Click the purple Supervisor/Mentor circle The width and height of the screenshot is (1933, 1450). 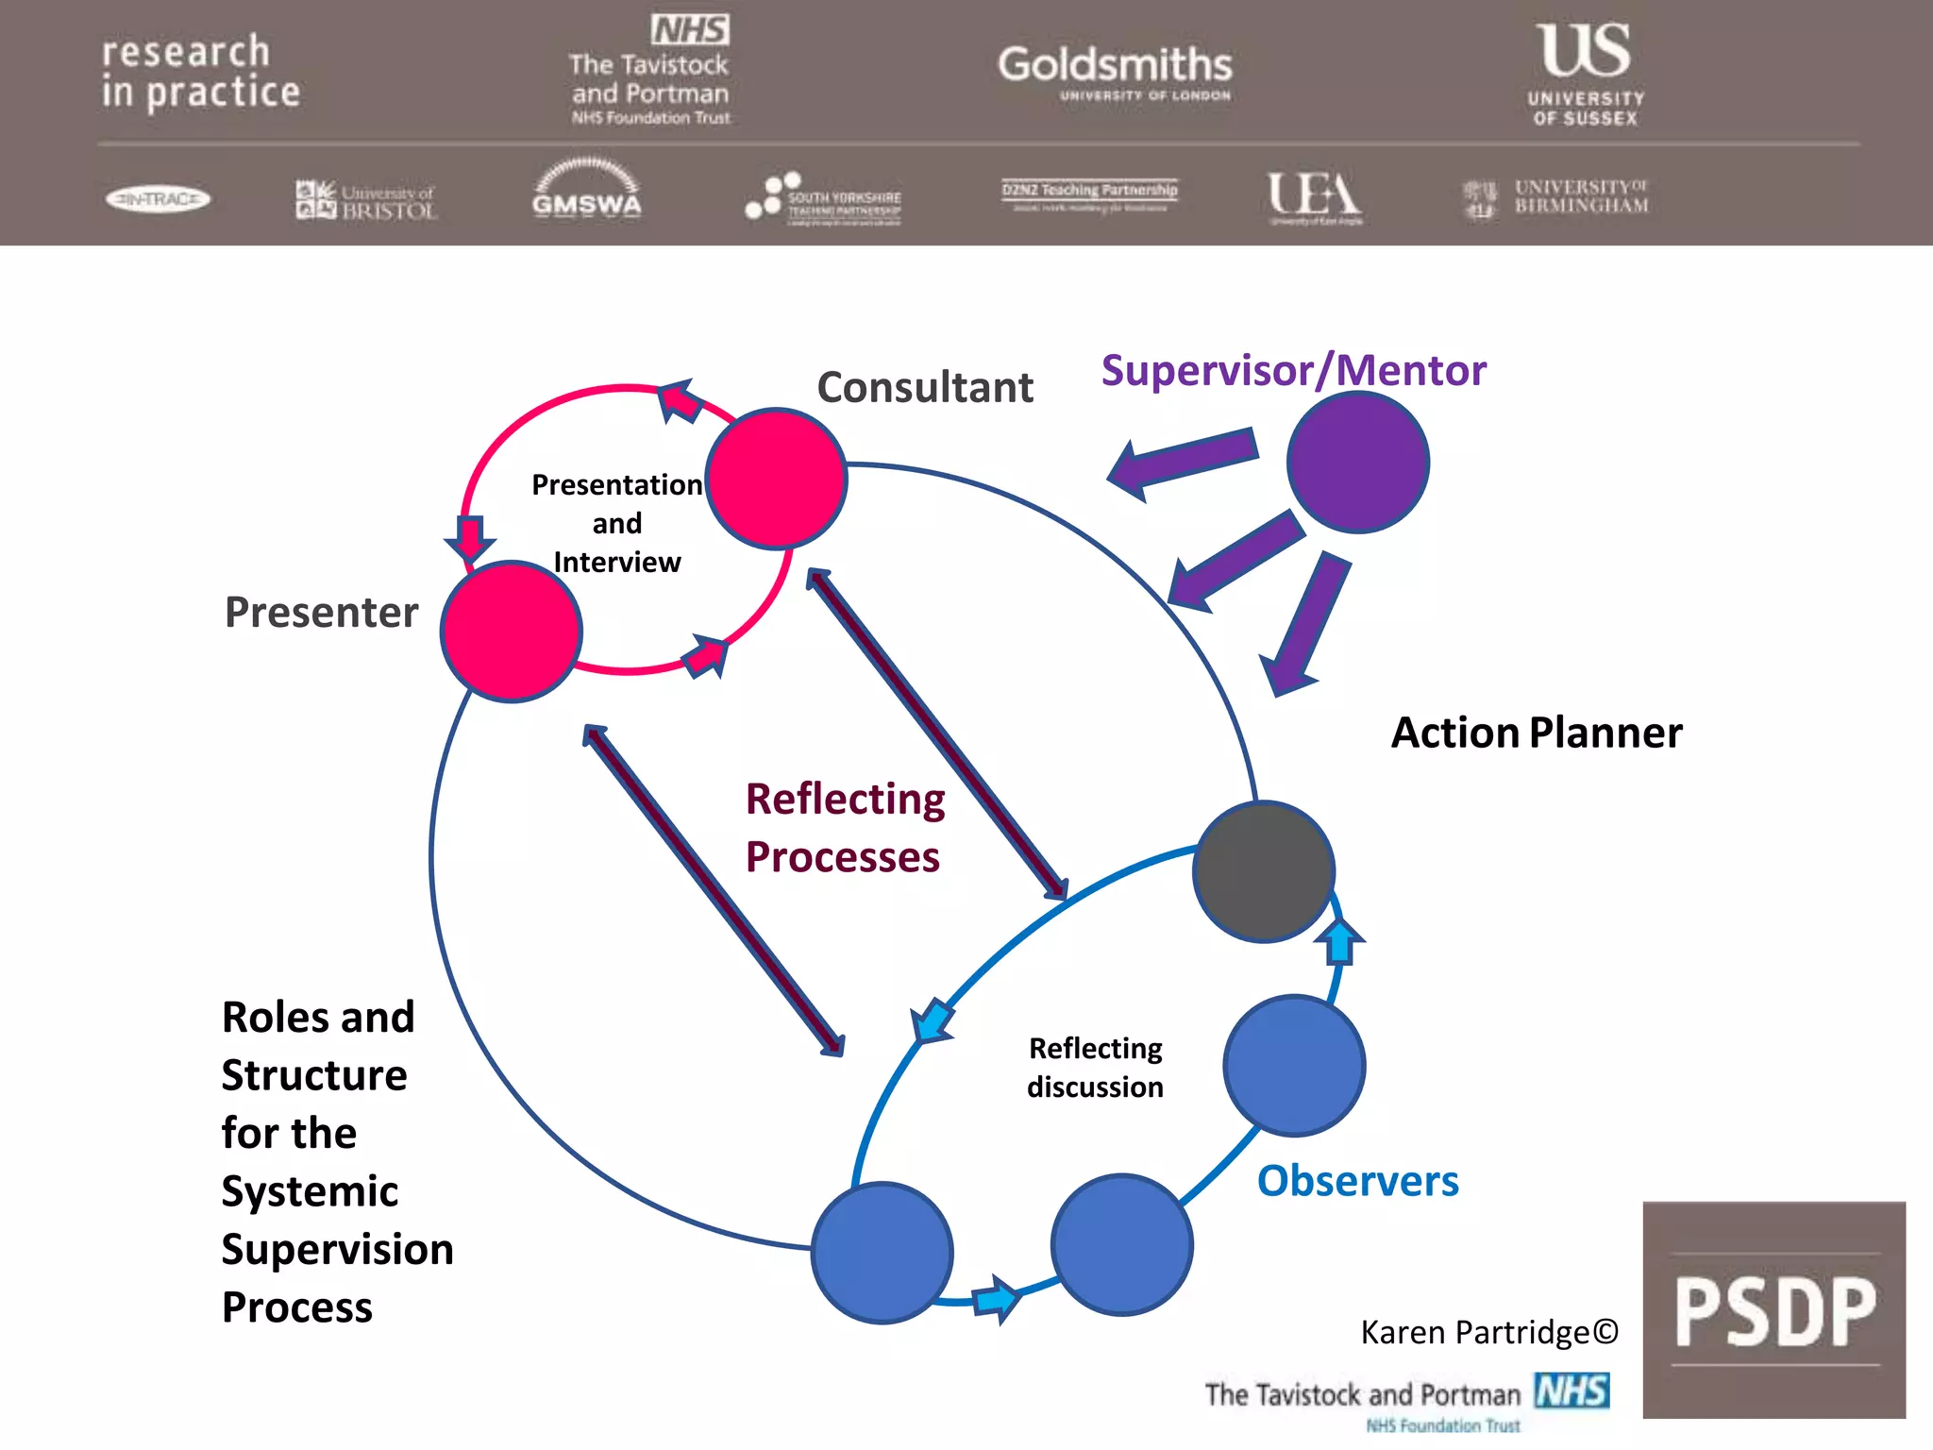click(x=1357, y=463)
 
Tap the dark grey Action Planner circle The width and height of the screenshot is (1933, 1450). click(x=1263, y=871)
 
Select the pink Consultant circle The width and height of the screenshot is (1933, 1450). click(x=776, y=479)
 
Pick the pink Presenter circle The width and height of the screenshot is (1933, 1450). click(x=511, y=631)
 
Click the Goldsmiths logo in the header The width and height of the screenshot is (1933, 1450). click(x=1115, y=72)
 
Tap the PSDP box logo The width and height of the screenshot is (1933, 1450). click(x=1773, y=1309)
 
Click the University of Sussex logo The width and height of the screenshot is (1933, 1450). click(x=1586, y=74)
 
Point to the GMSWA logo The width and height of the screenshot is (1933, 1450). click(x=586, y=190)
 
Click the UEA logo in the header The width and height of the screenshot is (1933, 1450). click(x=1314, y=197)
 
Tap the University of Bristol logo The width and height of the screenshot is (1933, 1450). click(x=366, y=200)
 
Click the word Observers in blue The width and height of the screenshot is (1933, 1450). click(x=1357, y=1181)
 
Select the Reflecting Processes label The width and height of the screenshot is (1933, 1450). click(x=845, y=828)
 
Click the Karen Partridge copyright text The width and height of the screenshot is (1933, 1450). click(x=1488, y=1332)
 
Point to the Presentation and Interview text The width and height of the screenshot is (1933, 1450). click(x=616, y=523)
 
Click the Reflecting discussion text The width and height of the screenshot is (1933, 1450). click(x=1095, y=1068)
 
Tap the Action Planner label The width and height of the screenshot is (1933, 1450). click(x=1536, y=733)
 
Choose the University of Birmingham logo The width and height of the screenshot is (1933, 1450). click(x=1555, y=197)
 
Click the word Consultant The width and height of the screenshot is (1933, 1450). click(x=924, y=387)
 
